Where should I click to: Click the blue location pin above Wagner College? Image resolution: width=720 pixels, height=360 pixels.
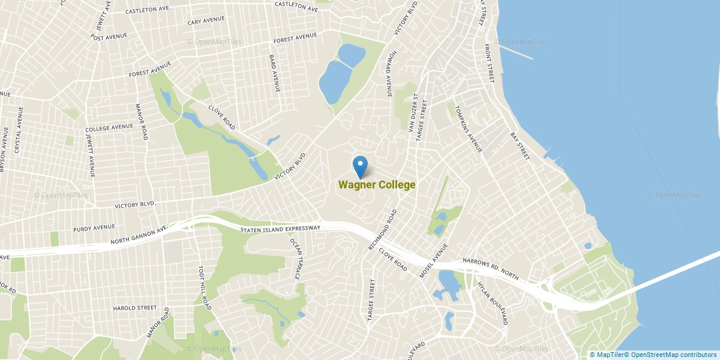point(360,166)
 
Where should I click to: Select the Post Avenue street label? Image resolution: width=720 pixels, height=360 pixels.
point(109,37)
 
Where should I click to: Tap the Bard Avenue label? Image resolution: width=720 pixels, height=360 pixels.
point(274,74)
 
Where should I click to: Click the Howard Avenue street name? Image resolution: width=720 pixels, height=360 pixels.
point(389,74)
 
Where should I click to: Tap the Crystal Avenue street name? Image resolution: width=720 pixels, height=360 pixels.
point(19,131)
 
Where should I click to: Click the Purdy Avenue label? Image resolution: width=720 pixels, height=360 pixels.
point(94,228)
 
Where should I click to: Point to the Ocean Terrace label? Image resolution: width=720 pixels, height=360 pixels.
point(295,258)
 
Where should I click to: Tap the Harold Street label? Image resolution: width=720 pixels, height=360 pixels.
point(134,308)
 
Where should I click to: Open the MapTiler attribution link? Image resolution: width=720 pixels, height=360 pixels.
point(607,355)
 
